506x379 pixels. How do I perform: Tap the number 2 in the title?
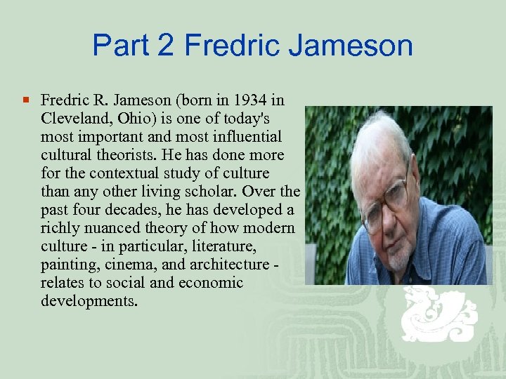(166, 46)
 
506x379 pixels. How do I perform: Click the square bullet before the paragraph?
(27, 101)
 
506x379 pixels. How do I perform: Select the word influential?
(245, 136)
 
